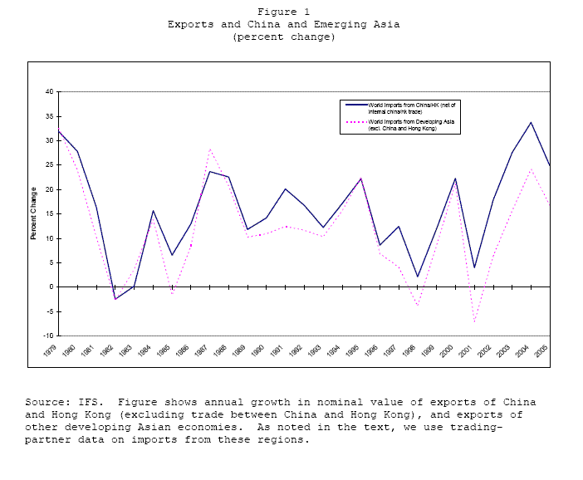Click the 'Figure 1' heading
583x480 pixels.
[283, 12]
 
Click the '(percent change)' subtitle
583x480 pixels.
[284, 37]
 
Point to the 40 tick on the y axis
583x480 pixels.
[49, 91]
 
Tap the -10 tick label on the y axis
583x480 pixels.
[48, 336]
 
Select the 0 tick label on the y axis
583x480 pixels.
[51, 287]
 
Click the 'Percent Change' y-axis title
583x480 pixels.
[34, 214]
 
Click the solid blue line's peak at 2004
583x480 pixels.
[531, 122]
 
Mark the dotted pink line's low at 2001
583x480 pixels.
[475, 322]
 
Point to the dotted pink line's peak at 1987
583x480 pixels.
[210, 149]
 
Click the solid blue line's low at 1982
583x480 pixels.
[115, 299]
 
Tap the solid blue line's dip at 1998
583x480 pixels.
[418, 277]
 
